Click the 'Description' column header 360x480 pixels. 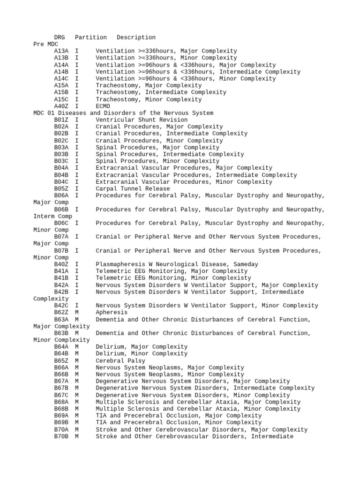[x=136, y=37]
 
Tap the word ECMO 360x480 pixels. [x=103, y=106]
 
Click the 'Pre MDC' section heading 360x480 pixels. [x=45, y=44]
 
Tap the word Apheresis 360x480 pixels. [x=112, y=313]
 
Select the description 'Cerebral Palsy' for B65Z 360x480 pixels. [x=120, y=361]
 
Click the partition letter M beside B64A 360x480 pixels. [x=77, y=347]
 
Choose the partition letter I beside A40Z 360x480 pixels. [x=77, y=106]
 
